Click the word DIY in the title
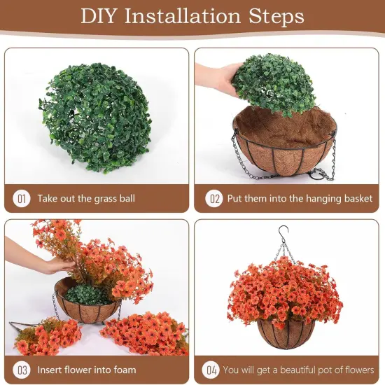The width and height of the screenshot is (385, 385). pos(100,16)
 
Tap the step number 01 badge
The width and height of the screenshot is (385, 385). pos(22,199)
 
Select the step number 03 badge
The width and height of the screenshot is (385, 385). pos(22,369)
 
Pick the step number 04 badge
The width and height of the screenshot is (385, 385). pos(210,369)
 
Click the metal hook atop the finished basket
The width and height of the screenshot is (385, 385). pos(283,234)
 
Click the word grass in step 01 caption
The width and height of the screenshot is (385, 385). pos(104,199)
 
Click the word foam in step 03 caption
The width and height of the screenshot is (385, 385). pos(123,369)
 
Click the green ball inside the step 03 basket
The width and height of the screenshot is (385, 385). pos(87,294)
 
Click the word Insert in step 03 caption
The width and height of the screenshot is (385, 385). pos(52,369)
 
